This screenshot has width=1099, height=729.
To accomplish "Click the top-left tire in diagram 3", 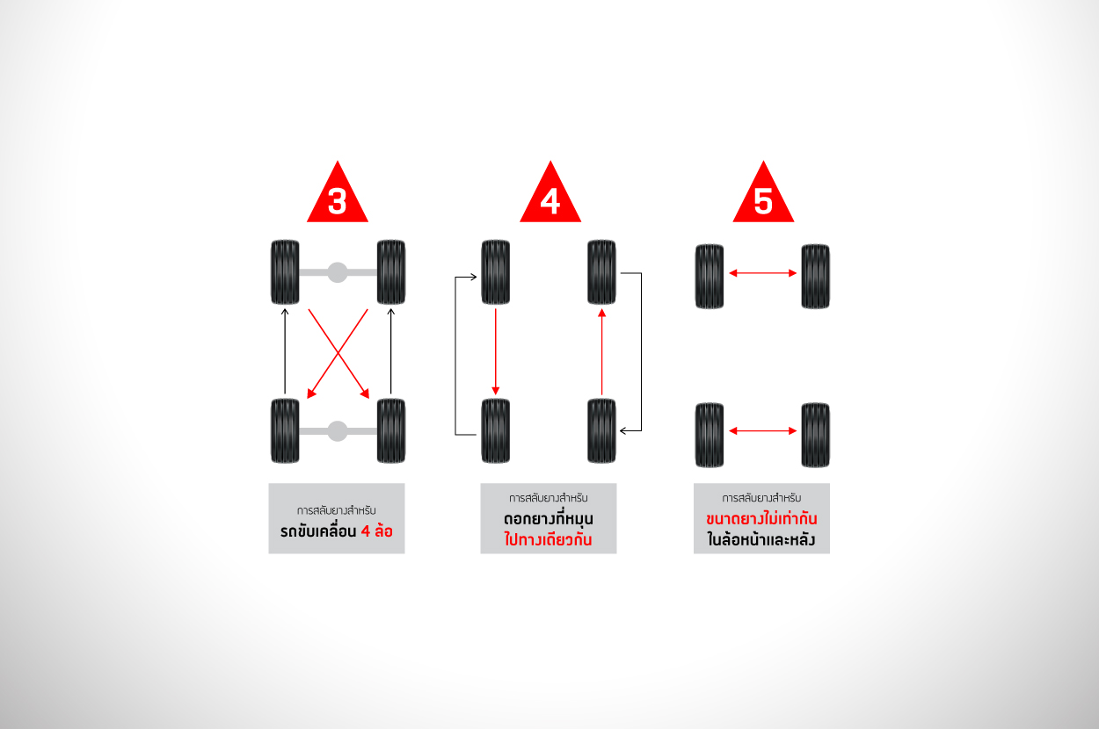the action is pyautogui.click(x=285, y=272).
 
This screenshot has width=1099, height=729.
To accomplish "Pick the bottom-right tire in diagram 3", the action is pyautogui.click(x=391, y=431).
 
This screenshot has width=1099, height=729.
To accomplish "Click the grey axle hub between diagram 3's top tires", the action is pyautogui.click(x=338, y=272).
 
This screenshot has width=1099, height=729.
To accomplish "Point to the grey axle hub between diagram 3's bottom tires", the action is pyautogui.click(x=338, y=431).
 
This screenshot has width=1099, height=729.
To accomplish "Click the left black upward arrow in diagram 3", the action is pyautogui.click(x=285, y=351).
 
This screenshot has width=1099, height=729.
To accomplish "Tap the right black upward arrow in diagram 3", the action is pyautogui.click(x=391, y=351).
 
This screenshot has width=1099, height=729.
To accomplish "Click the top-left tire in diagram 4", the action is pyautogui.click(x=496, y=272).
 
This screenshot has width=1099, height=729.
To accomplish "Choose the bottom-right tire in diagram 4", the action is pyautogui.click(x=602, y=431).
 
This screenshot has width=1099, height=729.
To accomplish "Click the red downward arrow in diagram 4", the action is pyautogui.click(x=496, y=351).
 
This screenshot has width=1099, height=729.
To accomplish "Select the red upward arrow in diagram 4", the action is pyautogui.click(x=602, y=351).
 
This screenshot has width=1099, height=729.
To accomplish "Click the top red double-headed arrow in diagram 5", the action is pyautogui.click(x=763, y=273).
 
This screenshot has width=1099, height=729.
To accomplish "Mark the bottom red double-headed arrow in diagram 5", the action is pyautogui.click(x=763, y=431).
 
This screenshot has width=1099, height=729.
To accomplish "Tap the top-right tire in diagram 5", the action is pyautogui.click(x=815, y=277).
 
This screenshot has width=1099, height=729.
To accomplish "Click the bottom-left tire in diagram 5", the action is pyautogui.click(x=710, y=436).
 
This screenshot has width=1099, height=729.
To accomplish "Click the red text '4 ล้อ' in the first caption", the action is pyautogui.click(x=377, y=531).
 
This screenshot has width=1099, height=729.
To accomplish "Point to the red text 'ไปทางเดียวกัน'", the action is pyautogui.click(x=548, y=539).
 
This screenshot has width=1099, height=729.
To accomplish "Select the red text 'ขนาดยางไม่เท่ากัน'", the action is pyautogui.click(x=761, y=517).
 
